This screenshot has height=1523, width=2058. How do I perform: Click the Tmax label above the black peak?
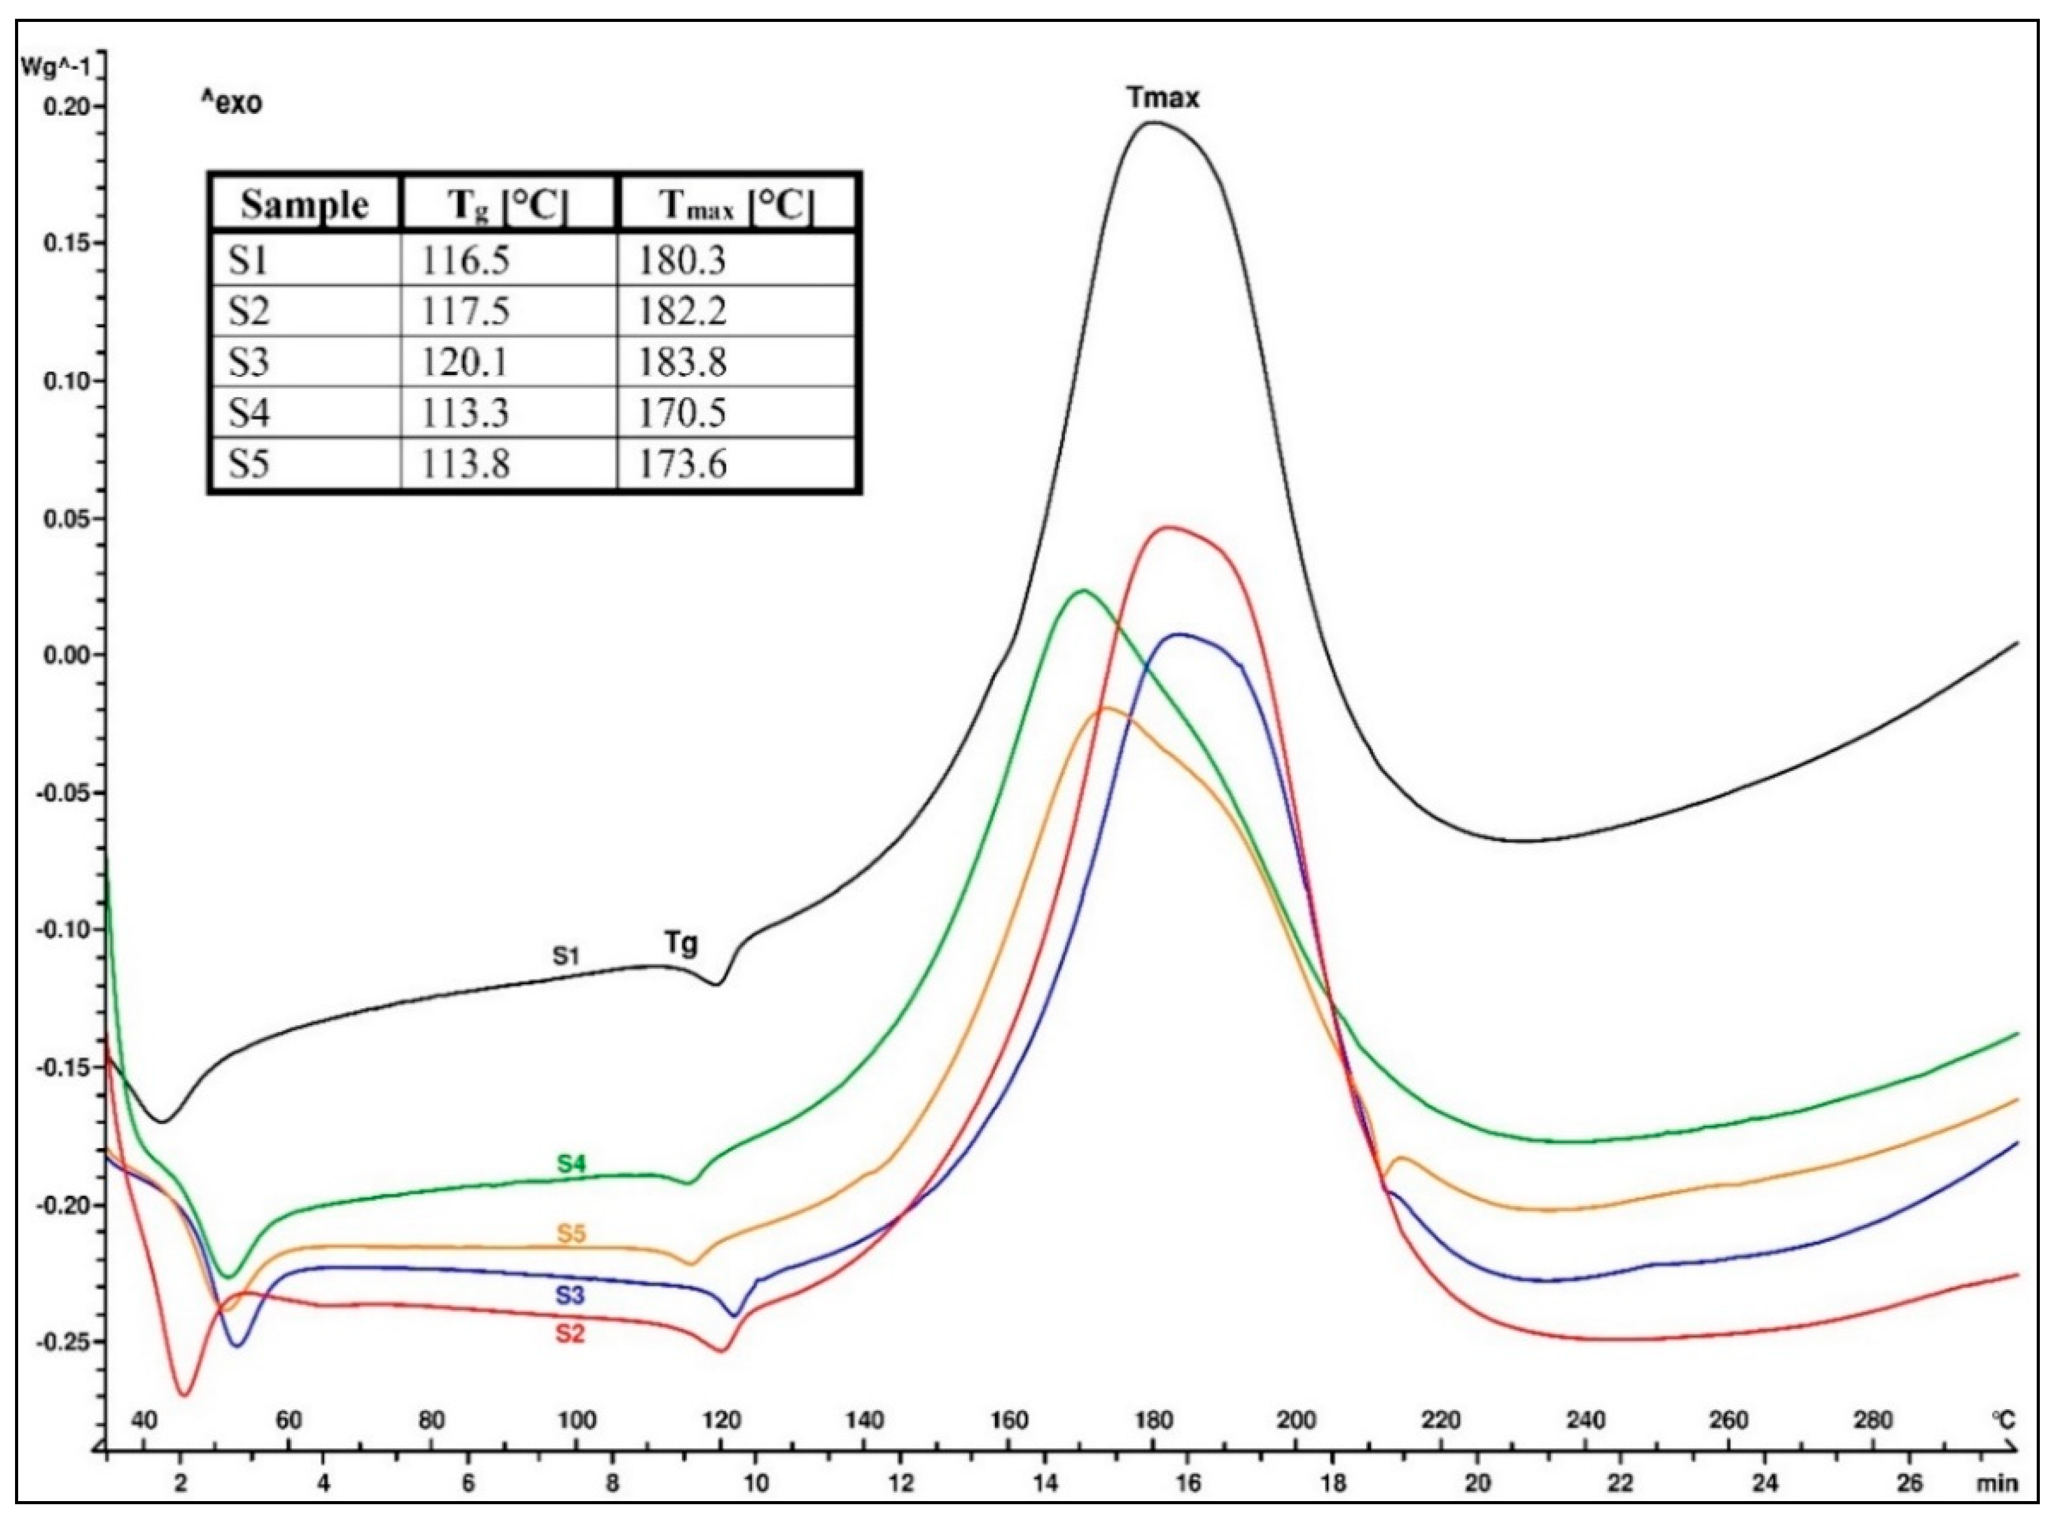click(x=1163, y=98)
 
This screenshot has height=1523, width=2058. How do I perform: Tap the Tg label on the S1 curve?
click(x=681, y=943)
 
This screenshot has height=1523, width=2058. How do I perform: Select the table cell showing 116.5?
click(x=466, y=261)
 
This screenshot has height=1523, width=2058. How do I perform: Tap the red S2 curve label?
click(x=570, y=1334)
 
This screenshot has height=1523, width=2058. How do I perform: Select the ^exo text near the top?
click(x=231, y=102)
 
